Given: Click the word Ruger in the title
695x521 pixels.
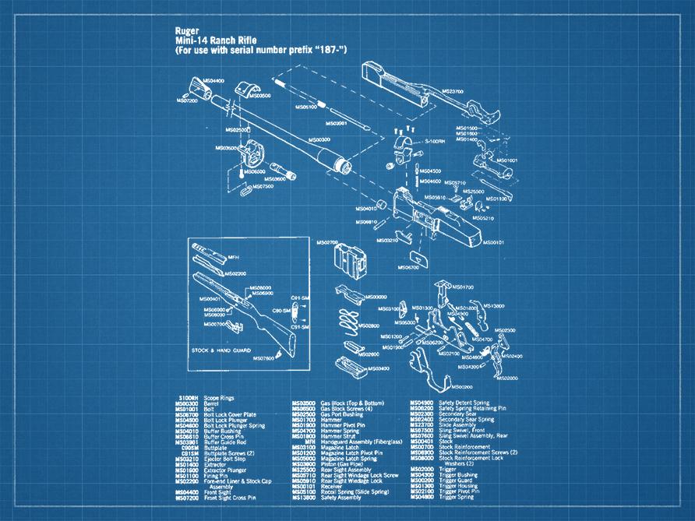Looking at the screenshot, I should (x=187, y=32).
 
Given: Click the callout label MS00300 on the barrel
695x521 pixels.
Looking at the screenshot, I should (x=318, y=139).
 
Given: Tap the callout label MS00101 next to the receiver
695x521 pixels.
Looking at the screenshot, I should (x=493, y=242).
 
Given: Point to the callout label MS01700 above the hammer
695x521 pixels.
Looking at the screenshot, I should (x=463, y=287).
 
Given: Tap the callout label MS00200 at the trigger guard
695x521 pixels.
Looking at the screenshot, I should (x=464, y=386).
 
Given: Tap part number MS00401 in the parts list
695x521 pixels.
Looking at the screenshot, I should (x=424, y=441).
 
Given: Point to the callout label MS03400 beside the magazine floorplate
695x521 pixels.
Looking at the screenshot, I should (x=378, y=368).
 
